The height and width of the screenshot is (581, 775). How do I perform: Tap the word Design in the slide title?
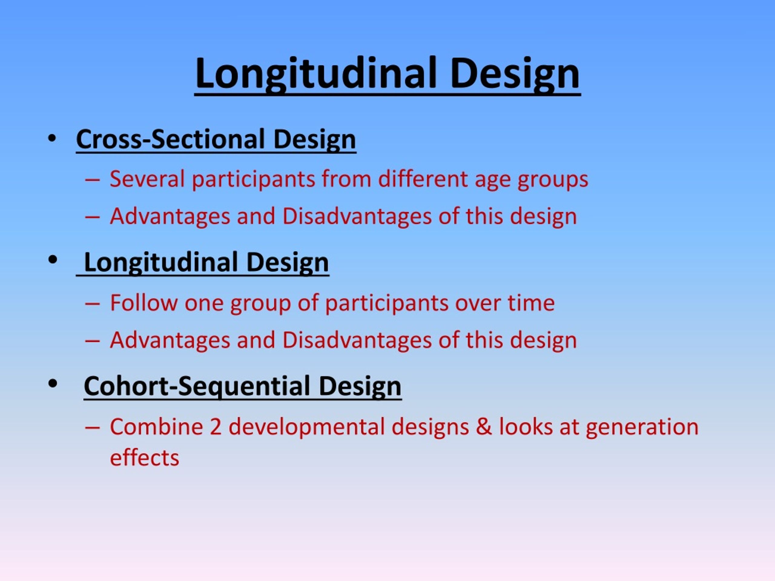(515, 74)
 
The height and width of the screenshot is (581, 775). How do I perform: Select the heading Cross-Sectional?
(170, 140)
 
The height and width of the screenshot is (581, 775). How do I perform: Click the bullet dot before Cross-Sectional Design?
(52, 138)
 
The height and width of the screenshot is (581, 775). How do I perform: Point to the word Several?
(147, 179)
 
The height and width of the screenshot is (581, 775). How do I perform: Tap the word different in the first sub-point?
(422, 179)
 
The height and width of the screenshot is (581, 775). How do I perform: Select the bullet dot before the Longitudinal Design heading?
(53, 260)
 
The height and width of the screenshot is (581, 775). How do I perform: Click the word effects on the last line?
(144, 458)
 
